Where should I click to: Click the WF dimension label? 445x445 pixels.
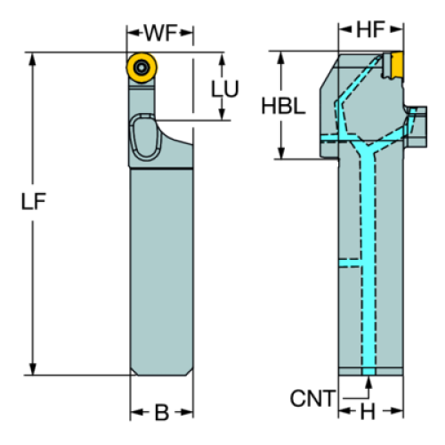click(160, 33)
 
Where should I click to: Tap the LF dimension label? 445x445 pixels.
click(34, 201)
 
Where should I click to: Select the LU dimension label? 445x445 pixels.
click(224, 89)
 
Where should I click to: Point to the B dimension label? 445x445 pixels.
click(162, 412)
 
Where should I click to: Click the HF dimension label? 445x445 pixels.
click(370, 29)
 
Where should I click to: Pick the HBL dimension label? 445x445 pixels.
click(283, 106)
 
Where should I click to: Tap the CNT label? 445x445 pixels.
click(312, 399)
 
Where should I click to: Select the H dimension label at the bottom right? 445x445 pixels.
click(368, 412)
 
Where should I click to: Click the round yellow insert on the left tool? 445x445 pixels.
click(142, 68)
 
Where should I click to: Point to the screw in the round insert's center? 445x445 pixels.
click(142, 68)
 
